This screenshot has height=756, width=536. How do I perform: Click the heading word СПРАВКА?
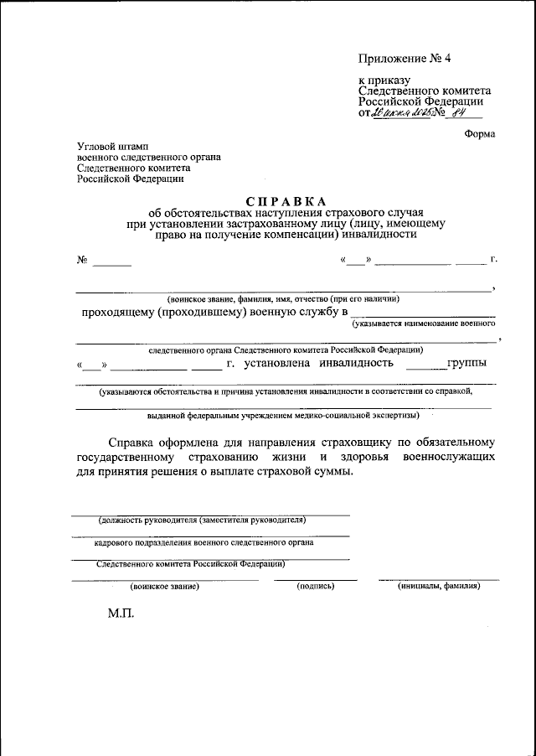pos(286,201)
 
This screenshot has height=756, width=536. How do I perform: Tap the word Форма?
pos(479,134)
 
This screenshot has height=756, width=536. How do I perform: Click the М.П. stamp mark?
pos(121,614)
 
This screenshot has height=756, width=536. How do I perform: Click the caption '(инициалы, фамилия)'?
pos(439,587)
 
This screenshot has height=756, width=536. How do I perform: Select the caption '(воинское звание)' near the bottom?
pos(165,587)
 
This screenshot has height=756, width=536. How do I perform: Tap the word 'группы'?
pos(465,364)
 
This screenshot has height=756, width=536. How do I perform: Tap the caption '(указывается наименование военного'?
pos(423,323)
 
